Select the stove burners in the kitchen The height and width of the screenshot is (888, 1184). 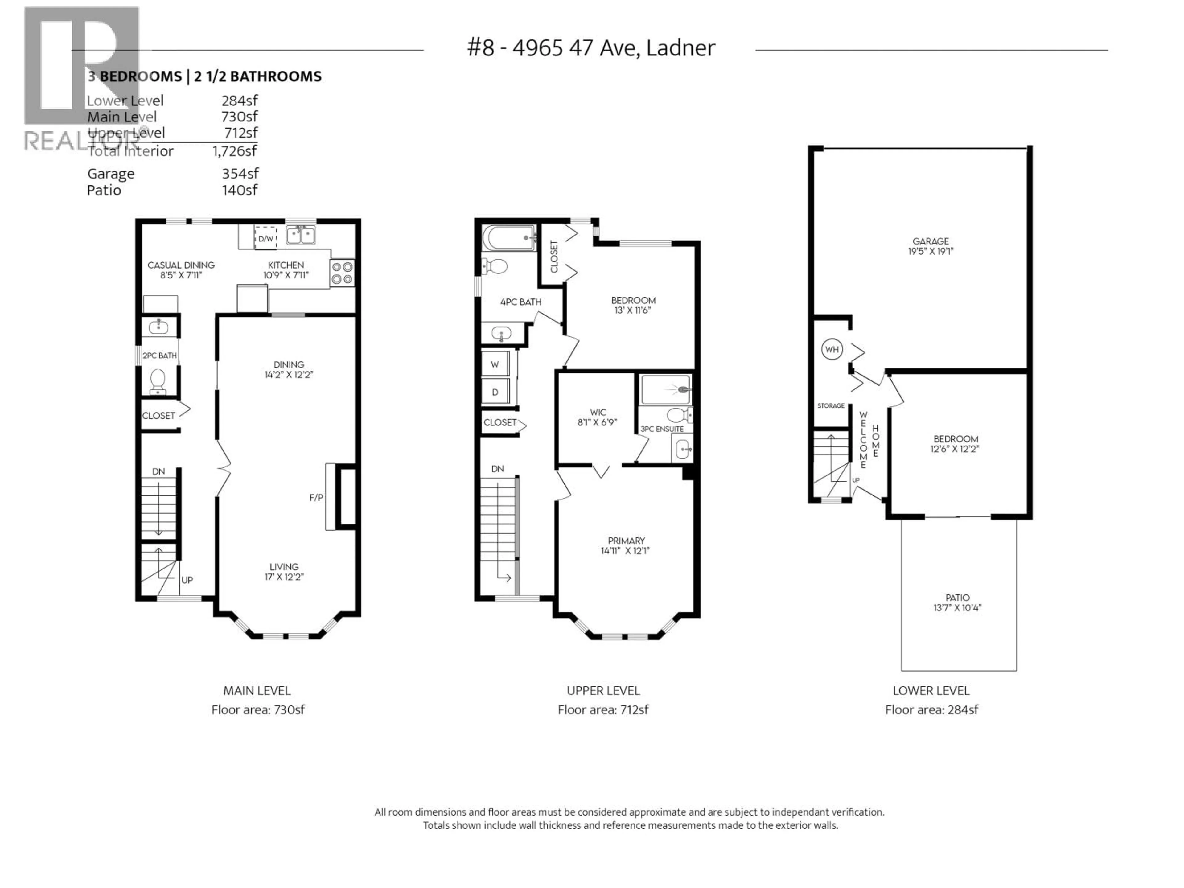[x=342, y=273]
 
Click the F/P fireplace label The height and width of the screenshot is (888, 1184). [x=316, y=498]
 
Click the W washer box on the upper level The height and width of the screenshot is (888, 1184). [x=495, y=364]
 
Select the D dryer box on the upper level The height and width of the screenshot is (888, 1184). [x=495, y=392]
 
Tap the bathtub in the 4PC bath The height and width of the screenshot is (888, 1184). [x=508, y=238]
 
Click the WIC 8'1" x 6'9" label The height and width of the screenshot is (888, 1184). [x=597, y=417]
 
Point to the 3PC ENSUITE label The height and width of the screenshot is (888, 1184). [x=662, y=429]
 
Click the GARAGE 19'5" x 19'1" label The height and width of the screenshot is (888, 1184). [x=930, y=246]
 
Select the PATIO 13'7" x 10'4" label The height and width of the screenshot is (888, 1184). [x=957, y=602]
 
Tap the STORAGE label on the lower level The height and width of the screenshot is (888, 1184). [x=831, y=406]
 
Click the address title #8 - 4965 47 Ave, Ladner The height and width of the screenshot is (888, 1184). [x=591, y=48]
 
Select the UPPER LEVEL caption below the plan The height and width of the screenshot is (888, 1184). [x=603, y=690]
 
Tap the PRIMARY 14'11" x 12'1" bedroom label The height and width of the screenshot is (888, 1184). [x=626, y=545]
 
